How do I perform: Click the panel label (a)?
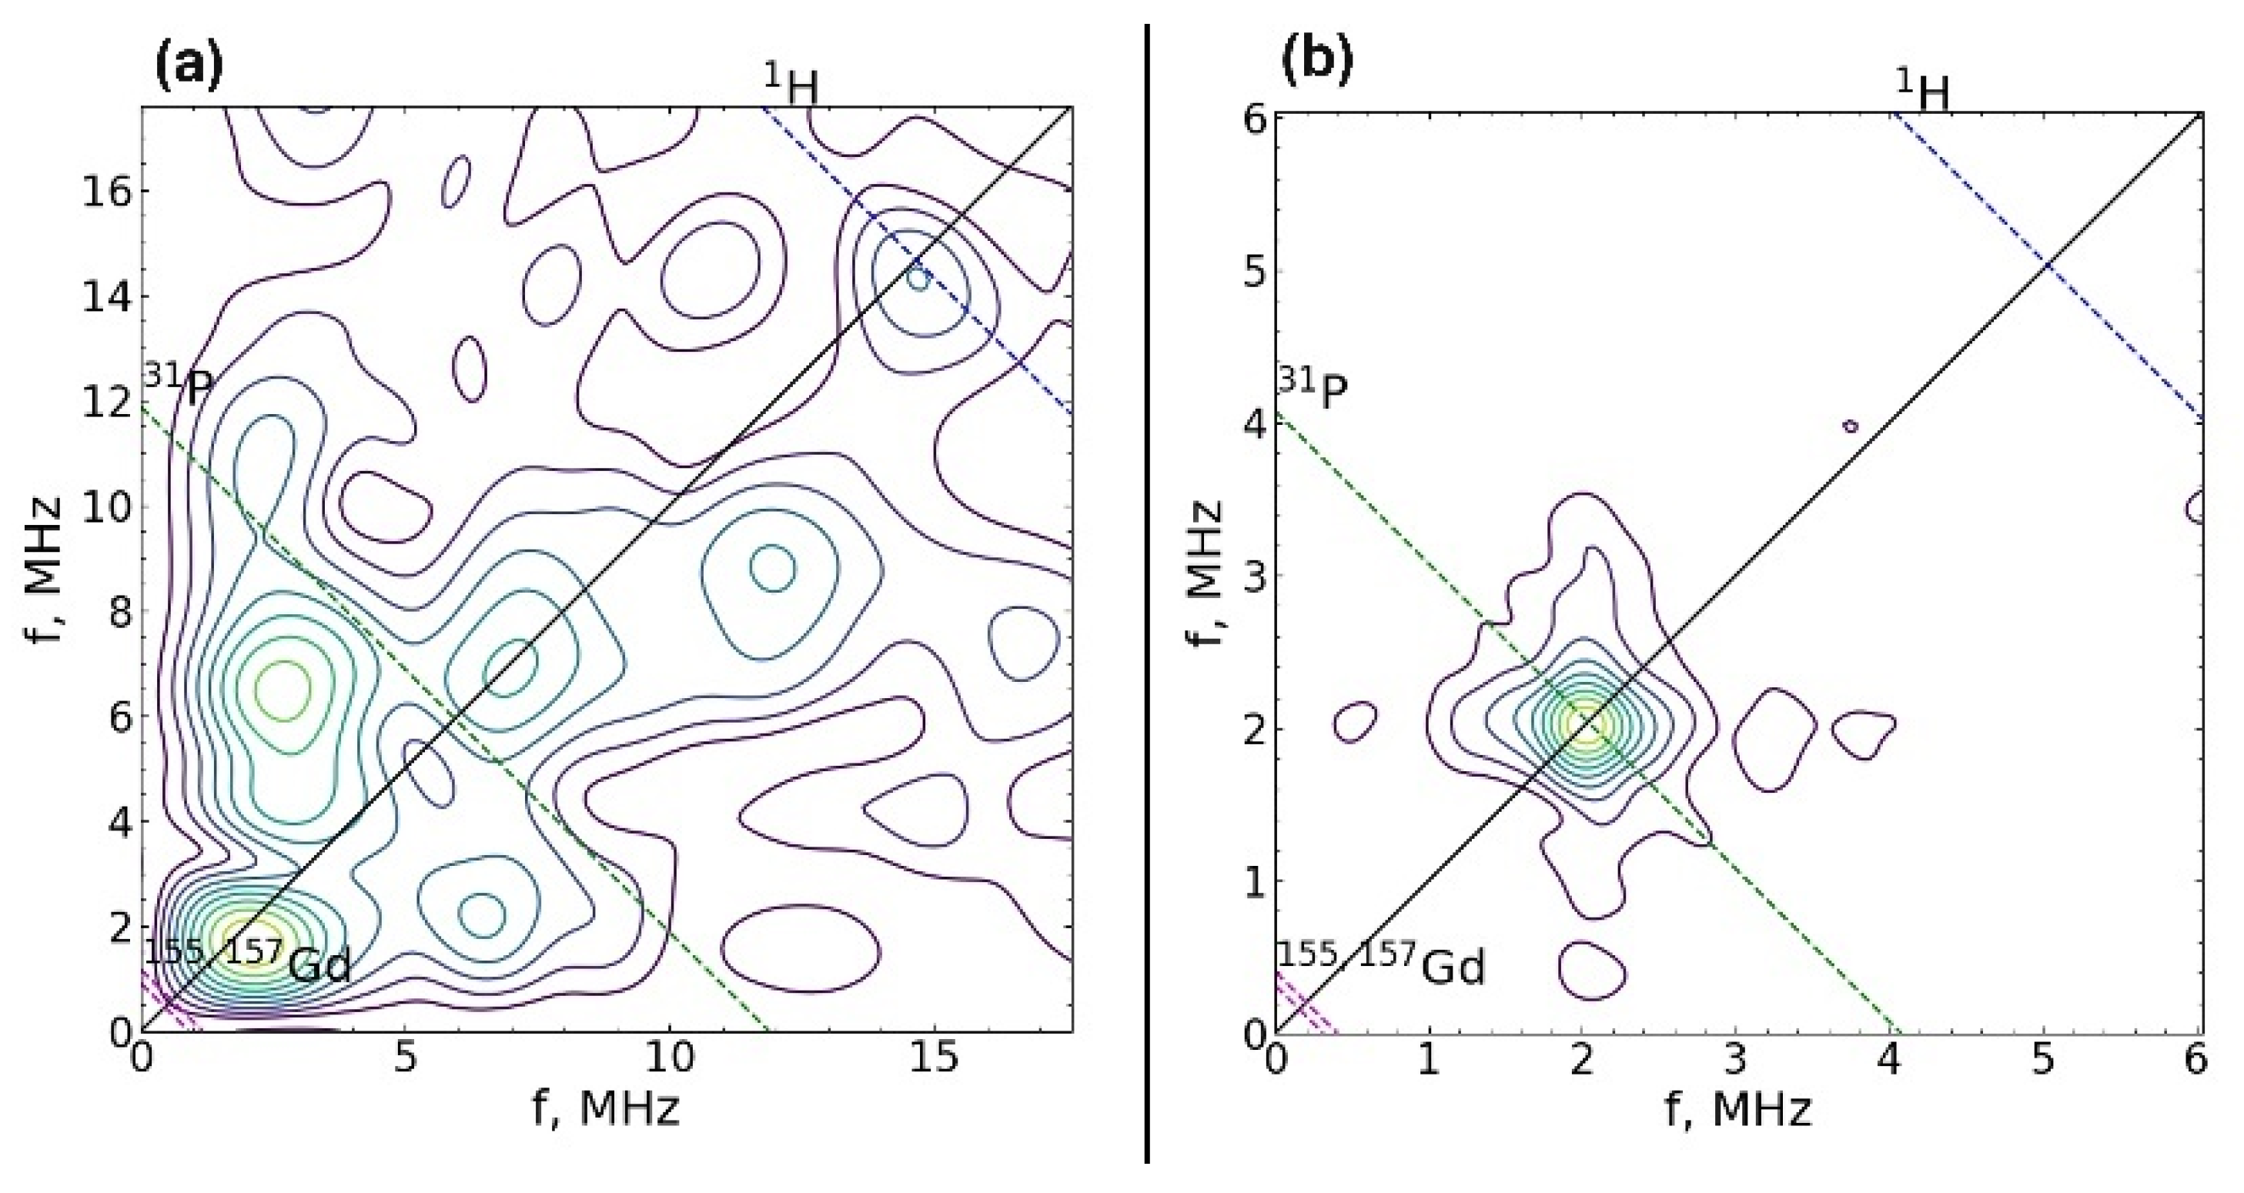coord(188,67)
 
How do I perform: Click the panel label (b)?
coord(1317,62)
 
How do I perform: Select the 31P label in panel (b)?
coord(1313,389)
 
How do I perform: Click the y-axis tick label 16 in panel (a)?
coord(106,192)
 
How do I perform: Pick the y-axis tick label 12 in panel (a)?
coord(106,403)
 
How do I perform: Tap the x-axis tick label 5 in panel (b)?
coord(2043,1061)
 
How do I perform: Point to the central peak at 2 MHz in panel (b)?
coord(1584,723)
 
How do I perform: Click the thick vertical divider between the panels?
coord(1147,592)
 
